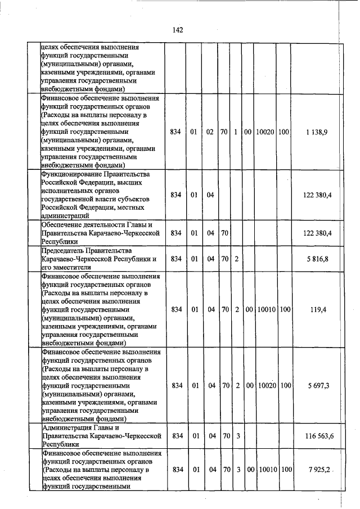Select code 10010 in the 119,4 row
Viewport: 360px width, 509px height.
point(264,309)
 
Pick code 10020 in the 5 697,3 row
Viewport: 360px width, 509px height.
point(264,386)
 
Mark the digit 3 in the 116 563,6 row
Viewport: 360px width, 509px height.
point(237,436)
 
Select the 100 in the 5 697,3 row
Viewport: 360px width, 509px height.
point(285,386)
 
